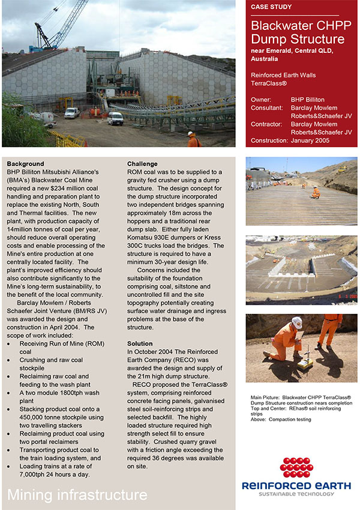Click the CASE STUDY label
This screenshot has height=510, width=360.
(271, 7)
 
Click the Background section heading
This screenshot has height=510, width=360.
(25, 164)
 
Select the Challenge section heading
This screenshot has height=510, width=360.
(142, 164)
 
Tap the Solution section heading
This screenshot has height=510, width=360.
(140, 344)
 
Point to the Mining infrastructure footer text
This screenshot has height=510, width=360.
(77, 495)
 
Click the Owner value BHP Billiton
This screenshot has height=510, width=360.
(307, 100)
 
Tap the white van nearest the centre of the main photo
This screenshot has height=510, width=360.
(115, 118)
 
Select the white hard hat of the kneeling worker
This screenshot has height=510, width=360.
(296, 322)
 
